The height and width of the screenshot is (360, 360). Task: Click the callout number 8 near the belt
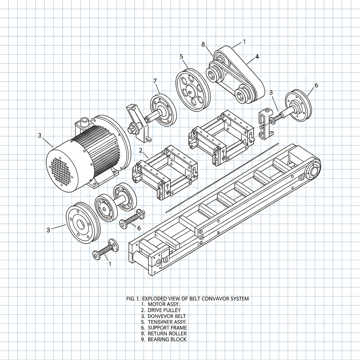click(x=203, y=44)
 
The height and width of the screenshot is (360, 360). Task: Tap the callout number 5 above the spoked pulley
click(x=181, y=56)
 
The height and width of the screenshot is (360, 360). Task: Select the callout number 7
click(x=155, y=81)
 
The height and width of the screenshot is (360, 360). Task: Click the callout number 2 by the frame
click(x=141, y=150)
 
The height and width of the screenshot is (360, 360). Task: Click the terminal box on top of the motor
click(x=84, y=123)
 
